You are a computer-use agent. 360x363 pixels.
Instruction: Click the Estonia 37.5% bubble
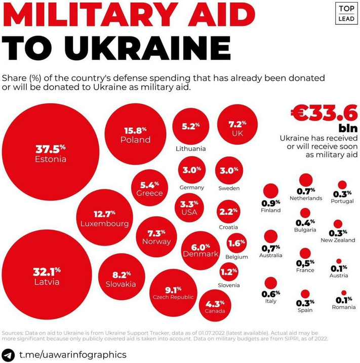point(51,153)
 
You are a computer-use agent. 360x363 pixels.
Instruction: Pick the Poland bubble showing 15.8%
point(135,134)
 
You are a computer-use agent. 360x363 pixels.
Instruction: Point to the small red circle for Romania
point(344,293)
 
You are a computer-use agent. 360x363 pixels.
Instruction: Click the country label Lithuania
point(190,149)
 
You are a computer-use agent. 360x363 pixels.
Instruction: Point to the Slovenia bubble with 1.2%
point(229,272)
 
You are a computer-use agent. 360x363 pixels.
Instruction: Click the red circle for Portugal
point(342,185)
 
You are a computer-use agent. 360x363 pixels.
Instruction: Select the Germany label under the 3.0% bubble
point(192,187)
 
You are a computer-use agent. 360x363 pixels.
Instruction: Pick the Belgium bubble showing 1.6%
point(236,244)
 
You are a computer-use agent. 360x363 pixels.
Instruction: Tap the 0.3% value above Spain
point(305,303)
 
